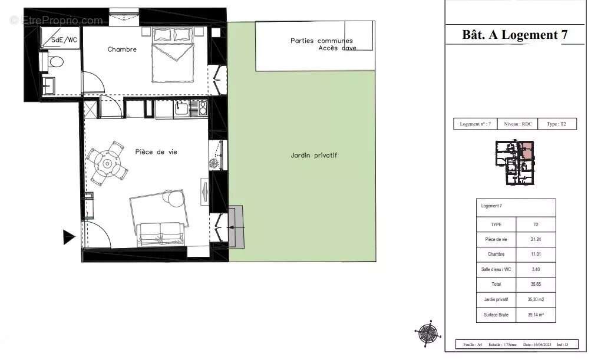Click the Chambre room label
pos(122,49)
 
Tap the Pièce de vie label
pos(156,152)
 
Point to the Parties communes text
pos(321,41)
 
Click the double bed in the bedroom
pos(173,56)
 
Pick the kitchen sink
pos(181,108)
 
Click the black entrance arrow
pos(69,237)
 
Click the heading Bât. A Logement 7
pos(515,35)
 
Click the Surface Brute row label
pos(496,315)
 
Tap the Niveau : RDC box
pos(518,124)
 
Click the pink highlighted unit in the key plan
pos(527,150)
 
